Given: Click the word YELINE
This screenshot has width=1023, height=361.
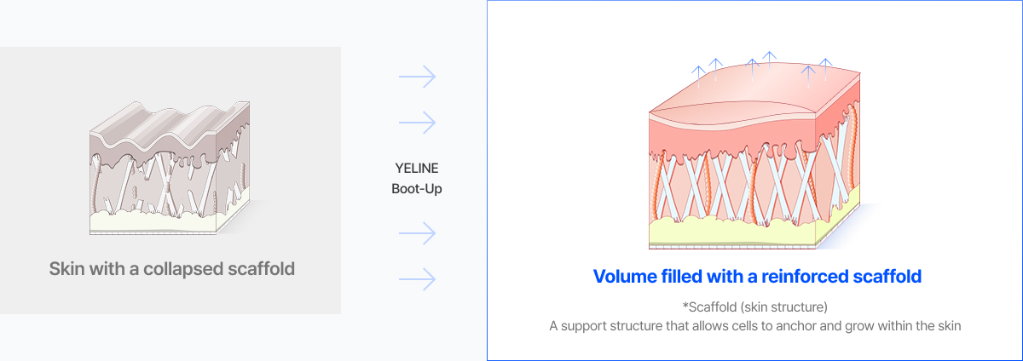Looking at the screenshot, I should pos(417,167).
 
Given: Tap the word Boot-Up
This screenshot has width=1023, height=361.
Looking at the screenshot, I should pos(417,188).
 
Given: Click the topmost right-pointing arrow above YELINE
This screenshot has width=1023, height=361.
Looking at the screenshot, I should pos(417,77).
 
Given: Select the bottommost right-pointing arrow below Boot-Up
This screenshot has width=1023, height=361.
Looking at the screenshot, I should pos(417,278).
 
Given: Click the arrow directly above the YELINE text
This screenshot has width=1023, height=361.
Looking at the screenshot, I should pos(417,123).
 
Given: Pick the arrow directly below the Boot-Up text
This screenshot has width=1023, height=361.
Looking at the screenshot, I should pos(417,233).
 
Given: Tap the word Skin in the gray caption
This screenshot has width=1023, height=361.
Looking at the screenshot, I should pos(66,269).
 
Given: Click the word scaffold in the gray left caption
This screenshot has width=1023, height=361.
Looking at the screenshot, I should pos(261,269).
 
